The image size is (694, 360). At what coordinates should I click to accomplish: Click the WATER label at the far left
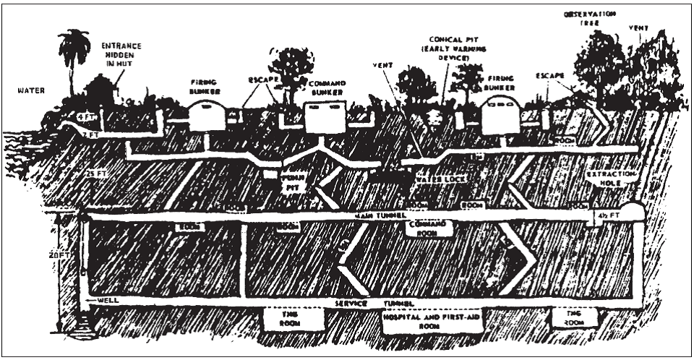click(x=30, y=91)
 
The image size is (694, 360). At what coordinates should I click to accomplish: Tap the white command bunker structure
click(x=322, y=116)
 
